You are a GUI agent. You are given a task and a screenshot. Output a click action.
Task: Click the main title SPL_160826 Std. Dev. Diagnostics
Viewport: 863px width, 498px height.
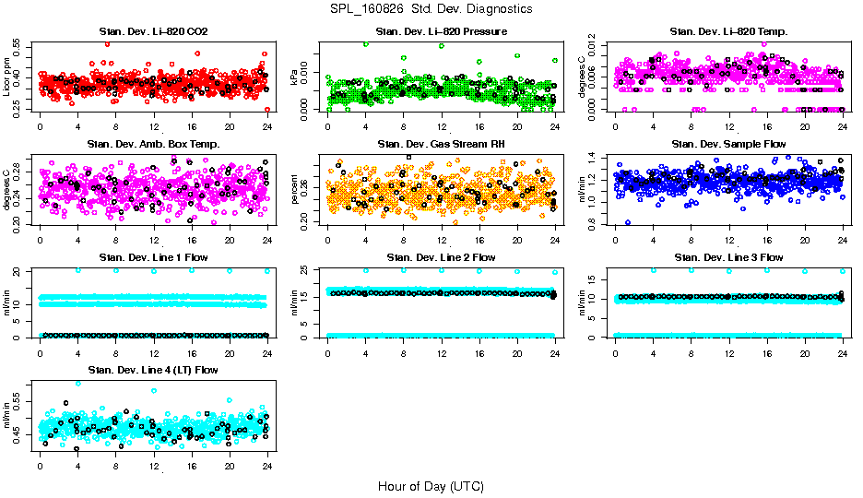click(431, 8)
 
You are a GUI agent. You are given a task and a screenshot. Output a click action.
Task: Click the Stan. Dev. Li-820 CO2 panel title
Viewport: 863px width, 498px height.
click(153, 32)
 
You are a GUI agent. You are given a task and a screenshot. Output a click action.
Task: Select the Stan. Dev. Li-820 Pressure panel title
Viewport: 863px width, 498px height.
click(441, 32)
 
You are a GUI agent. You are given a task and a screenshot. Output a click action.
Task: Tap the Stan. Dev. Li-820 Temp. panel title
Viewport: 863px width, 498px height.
click(728, 32)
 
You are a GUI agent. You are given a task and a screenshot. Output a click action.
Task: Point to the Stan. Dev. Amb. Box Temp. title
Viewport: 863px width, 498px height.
click(153, 144)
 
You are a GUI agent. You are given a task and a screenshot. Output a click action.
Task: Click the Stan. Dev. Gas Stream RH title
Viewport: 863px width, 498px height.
click(441, 144)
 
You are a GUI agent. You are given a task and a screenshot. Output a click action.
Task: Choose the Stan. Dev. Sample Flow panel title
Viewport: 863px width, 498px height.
click(728, 144)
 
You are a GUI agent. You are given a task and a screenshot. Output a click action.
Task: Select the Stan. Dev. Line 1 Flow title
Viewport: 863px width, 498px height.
click(153, 256)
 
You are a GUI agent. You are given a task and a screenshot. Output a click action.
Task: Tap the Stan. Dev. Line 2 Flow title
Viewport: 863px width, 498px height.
click(441, 256)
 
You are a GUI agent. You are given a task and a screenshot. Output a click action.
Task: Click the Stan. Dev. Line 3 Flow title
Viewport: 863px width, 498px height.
click(728, 256)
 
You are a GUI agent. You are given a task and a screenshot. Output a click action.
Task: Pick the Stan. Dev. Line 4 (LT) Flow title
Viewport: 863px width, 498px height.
click(153, 369)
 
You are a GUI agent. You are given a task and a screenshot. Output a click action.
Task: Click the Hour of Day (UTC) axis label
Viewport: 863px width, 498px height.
click(431, 485)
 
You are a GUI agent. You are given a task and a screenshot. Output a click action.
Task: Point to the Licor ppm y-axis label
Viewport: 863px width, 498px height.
click(7, 77)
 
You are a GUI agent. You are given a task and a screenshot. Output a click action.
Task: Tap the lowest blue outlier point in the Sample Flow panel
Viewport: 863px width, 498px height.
click(628, 222)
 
